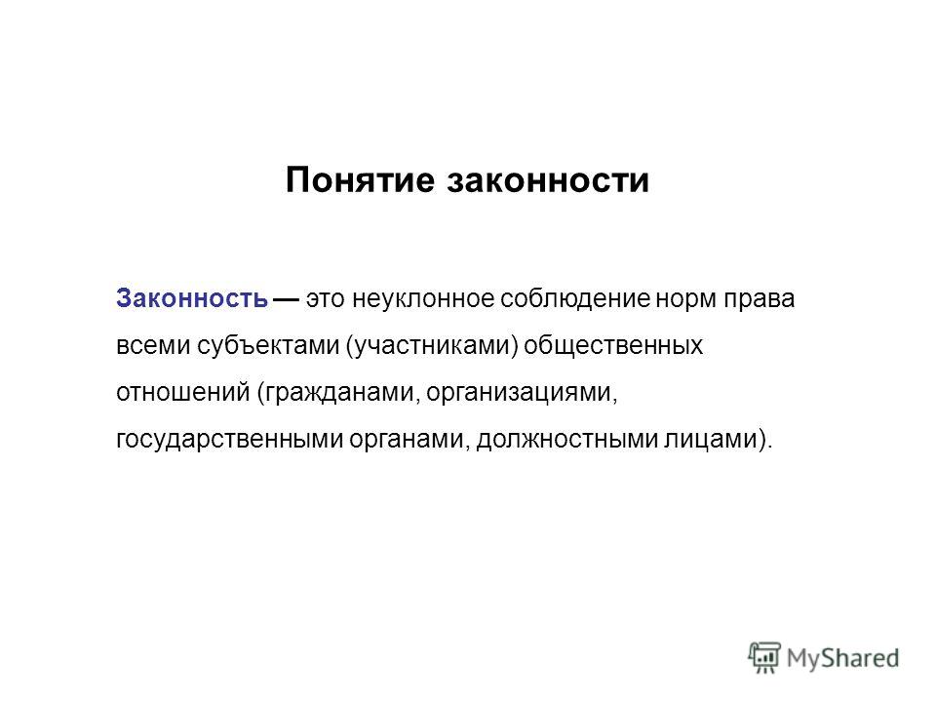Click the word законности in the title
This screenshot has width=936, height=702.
(x=548, y=179)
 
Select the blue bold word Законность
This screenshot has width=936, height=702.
(x=192, y=298)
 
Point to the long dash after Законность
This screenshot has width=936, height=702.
(x=287, y=298)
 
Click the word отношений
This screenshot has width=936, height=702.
(x=183, y=393)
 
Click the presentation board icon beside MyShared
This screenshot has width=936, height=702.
(x=764, y=658)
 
